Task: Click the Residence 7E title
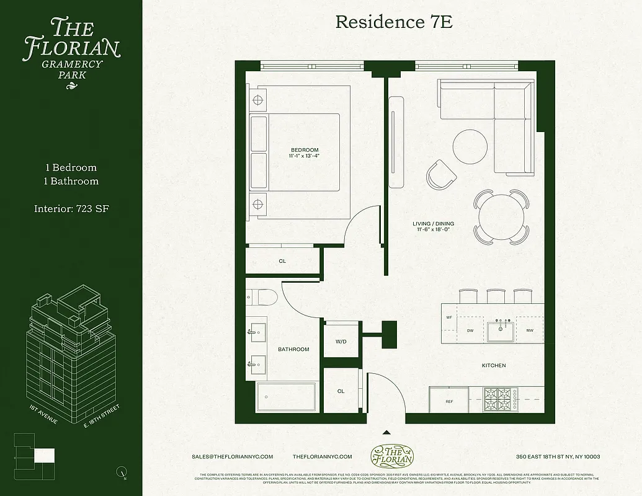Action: (x=394, y=22)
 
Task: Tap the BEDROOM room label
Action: (x=305, y=150)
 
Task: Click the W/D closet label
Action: (x=341, y=341)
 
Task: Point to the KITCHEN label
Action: (x=494, y=366)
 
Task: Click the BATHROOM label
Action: (x=293, y=349)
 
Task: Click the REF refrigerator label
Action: (x=450, y=402)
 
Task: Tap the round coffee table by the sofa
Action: (x=470, y=146)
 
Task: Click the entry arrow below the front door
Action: (x=386, y=433)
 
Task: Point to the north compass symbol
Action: (x=121, y=472)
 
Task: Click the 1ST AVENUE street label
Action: (x=43, y=414)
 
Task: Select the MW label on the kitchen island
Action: (x=530, y=330)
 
